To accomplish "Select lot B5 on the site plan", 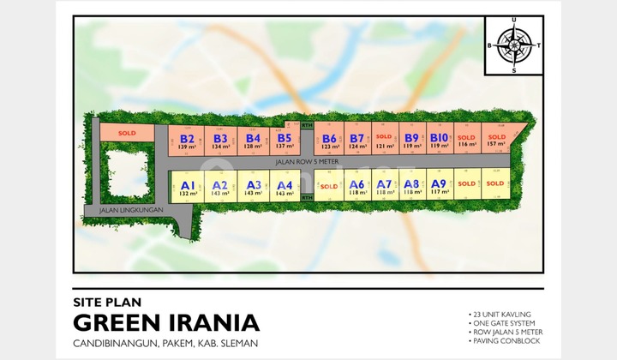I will coord(285,140).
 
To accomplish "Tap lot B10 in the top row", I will coord(439,140).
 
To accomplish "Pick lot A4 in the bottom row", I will coord(285,188).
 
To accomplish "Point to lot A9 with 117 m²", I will coord(439,187).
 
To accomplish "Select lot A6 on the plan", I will coord(356,187).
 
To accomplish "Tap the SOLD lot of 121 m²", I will coord(383,140).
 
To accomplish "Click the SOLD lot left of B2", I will coord(127,133).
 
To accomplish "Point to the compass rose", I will coord(515,45).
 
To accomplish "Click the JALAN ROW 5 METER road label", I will coord(308,161).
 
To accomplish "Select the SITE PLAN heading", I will coord(106,302).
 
